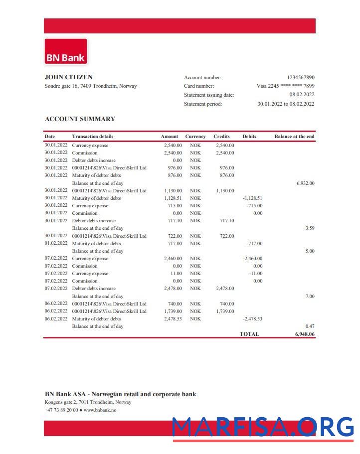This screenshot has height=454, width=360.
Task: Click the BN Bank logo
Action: pyautogui.click(x=66, y=52)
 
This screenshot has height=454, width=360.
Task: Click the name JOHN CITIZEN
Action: pyautogui.click(x=68, y=77)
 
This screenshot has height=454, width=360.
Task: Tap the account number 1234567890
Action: pyautogui.click(x=300, y=77)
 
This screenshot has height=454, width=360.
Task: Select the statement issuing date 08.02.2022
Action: pyautogui.click(x=302, y=95)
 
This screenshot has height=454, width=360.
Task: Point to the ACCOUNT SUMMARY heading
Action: pyautogui.click(x=80, y=119)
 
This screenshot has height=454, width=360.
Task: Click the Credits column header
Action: pyautogui.click(x=221, y=137)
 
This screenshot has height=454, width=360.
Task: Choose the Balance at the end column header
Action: pyautogui.click(x=294, y=137)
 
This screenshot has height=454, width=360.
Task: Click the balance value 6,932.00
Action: pyautogui.click(x=305, y=183)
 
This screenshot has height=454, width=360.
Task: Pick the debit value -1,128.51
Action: pyautogui.click(x=252, y=198)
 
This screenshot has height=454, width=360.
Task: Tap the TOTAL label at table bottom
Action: pyautogui.click(x=249, y=334)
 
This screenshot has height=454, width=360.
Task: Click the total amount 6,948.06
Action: pyautogui.click(x=305, y=334)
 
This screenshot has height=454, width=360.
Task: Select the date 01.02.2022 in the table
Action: pyautogui.click(x=56, y=244)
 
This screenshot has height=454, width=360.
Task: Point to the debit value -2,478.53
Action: pyautogui.click(x=252, y=319)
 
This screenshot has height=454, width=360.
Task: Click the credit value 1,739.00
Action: pyautogui.click(x=225, y=311)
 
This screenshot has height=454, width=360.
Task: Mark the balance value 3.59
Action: pyautogui.click(x=310, y=228)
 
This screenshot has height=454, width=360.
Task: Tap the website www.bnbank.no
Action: pyautogui.click(x=100, y=410)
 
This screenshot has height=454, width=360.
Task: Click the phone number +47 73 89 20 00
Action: pyautogui.click(x=61, y=410)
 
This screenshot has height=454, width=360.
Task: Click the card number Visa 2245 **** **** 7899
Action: pyautogui.click(x=285, y=86)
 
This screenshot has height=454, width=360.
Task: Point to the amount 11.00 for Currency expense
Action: pyautogui.click(x=176, y=274)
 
